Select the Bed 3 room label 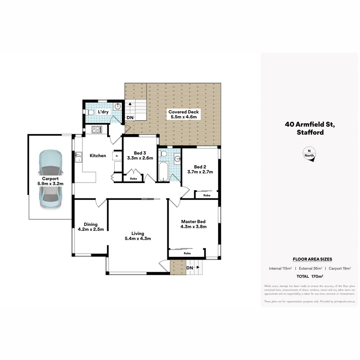tap(140, 156)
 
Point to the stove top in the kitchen tap(97, 129)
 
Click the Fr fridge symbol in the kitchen tap(117, 156)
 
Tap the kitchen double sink tap(78, 157)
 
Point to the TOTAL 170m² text tap(310, 276)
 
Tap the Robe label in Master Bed tap(187, 253)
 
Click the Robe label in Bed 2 tap(207, 195)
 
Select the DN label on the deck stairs tap(130, 118)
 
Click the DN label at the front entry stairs tap(190, 268)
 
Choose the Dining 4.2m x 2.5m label tap(91, 227)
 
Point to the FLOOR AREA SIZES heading tap(312, 259)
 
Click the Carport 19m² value tap(339, 268)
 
